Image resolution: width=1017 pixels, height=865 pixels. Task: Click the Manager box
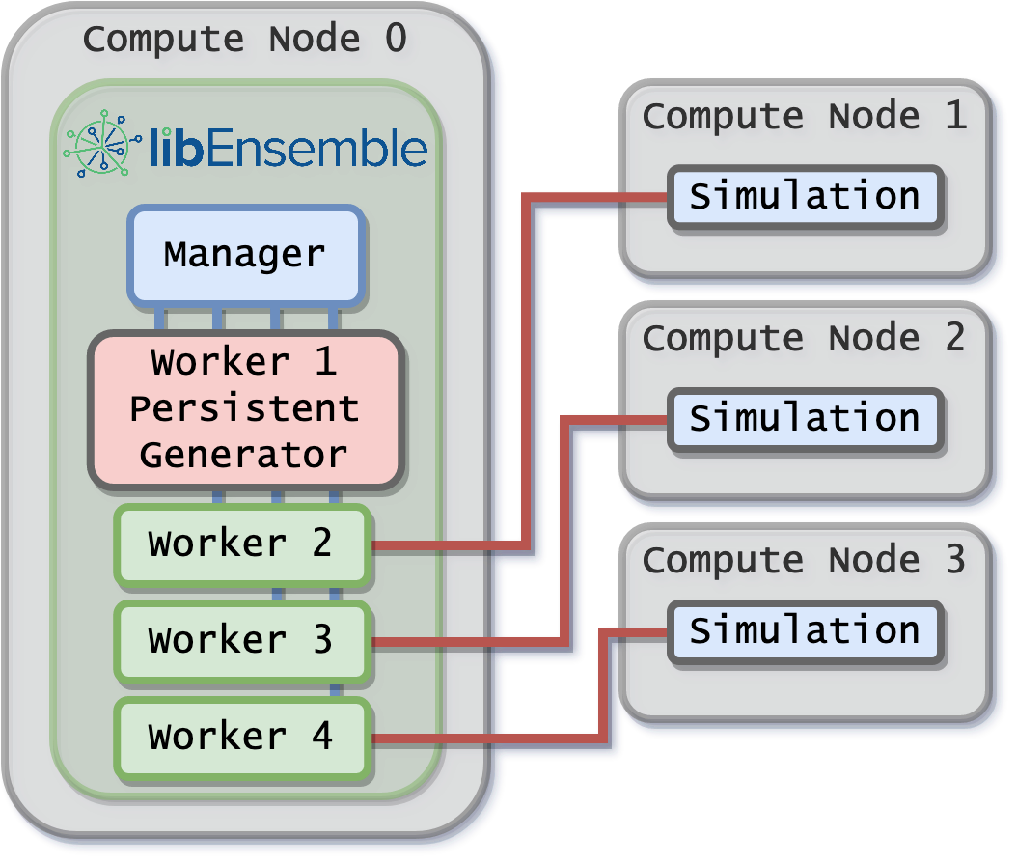coord(244,255)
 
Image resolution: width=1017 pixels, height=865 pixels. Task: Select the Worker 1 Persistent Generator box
coord(244,408)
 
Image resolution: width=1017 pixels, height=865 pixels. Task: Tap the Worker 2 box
coord(241,544)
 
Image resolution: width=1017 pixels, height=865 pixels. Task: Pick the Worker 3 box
coord(241,640)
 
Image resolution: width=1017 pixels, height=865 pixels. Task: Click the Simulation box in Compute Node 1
coord(804,197)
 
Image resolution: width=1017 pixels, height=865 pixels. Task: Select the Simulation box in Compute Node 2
coord(804,419)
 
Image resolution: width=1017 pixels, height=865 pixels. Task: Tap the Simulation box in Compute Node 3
coord(804,631)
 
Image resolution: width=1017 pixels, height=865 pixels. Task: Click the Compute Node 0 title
coord(244,40)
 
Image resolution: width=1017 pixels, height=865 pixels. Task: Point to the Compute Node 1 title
coord(804,117)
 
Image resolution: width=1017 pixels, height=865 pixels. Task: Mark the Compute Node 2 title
coord(804,338)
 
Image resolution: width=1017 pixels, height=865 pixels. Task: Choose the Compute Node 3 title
coord(804,560)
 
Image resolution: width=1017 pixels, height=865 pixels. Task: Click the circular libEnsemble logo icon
coord(100,148)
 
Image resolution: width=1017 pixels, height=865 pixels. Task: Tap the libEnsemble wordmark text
coord(288,150)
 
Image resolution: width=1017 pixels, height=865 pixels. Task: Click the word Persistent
coord(244,408)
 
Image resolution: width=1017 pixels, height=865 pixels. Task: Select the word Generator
coord(244,454)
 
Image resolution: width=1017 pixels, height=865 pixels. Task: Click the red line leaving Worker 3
coord(463,641)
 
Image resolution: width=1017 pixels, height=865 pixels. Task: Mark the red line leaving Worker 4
coord(482,739)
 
